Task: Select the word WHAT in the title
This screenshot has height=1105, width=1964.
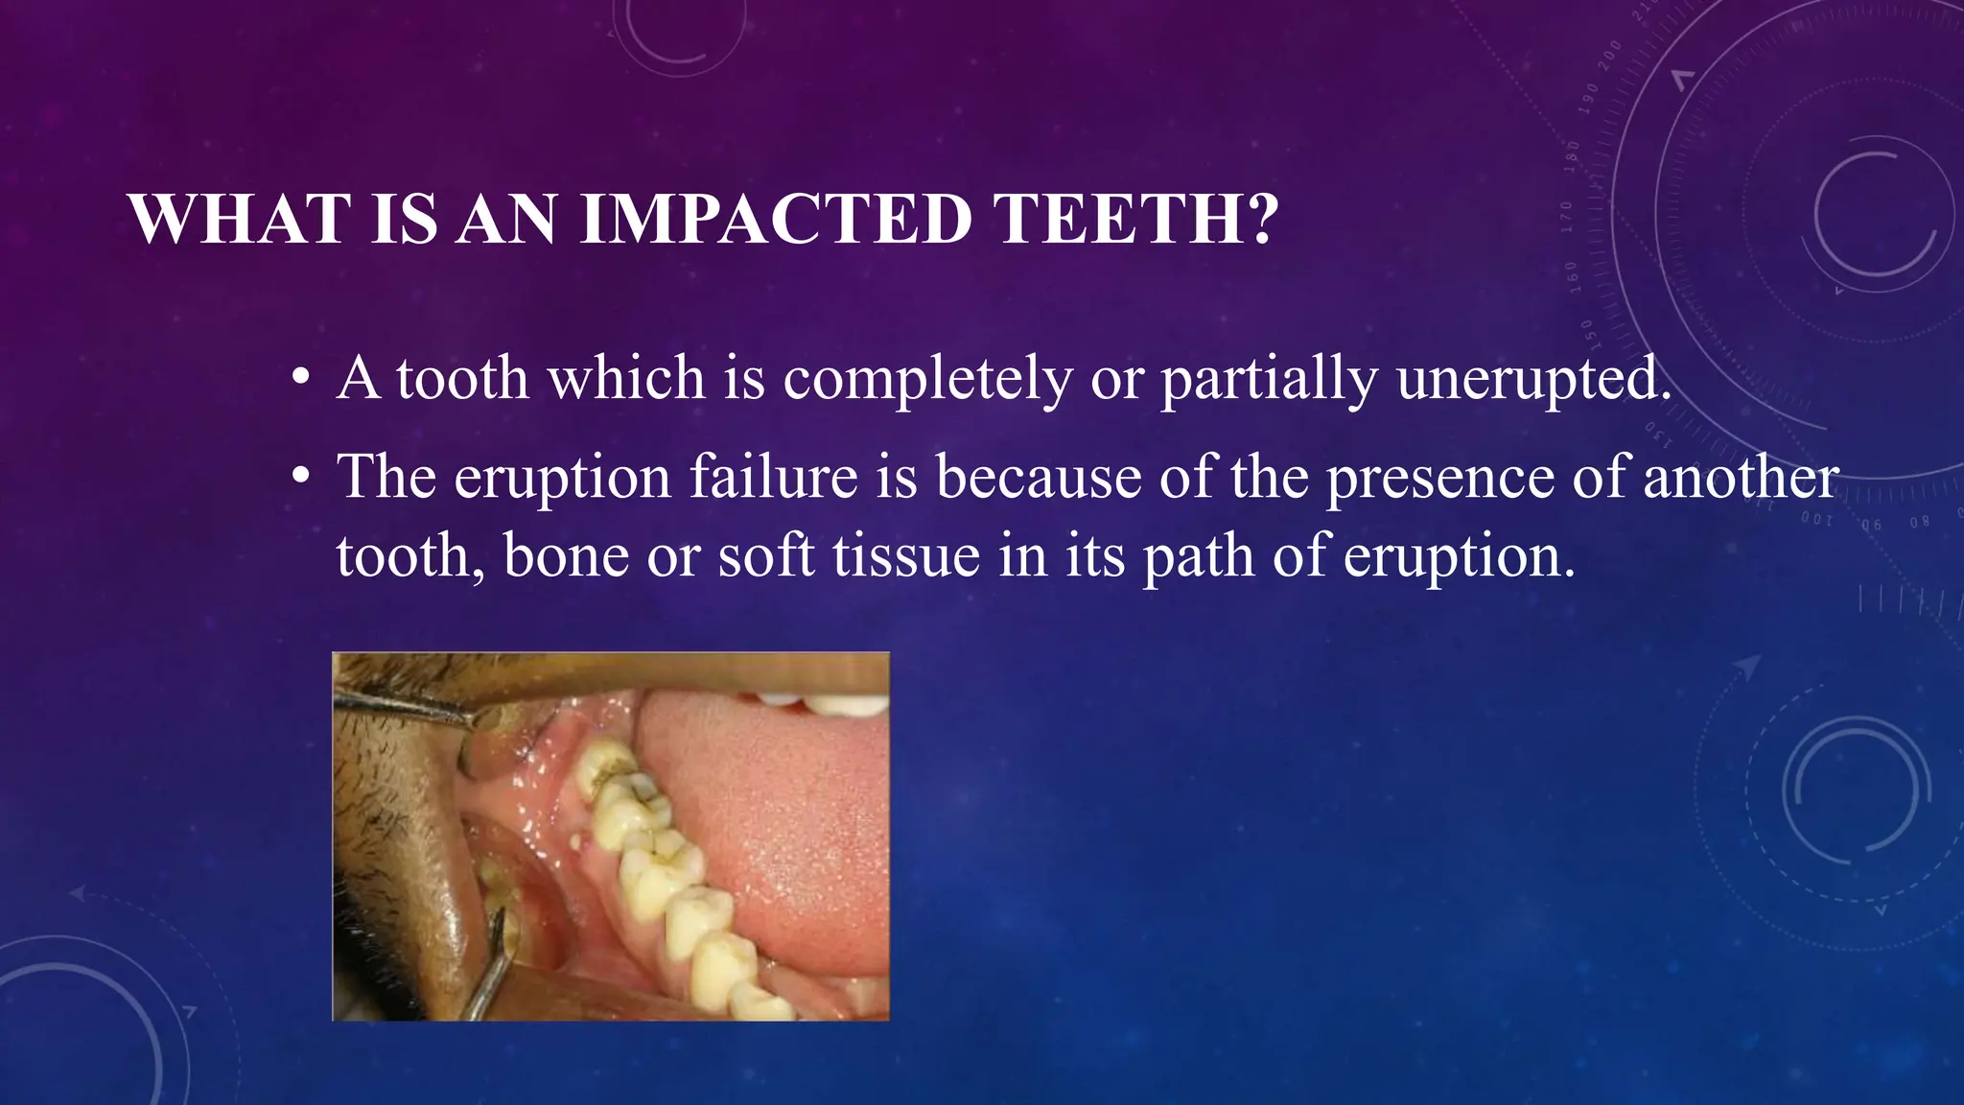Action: pyautogui.click(x=240, y=220)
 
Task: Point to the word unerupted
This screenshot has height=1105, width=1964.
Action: pyautogui.click(x=1533, y=379)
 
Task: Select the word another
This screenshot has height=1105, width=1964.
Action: pyautogui.click(x=1740, y=477)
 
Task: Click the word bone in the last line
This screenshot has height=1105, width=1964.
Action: pyautogui.click(x=565, y=555)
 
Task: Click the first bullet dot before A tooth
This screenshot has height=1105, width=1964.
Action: pyautogui.click(x=302, y=379)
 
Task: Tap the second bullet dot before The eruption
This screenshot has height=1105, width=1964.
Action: pyautogui.click(x=302, y=477)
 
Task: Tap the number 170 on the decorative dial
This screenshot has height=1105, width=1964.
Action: pyautogui.click(x=1567, y=217)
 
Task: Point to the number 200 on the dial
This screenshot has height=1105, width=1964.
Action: pyautogui.click(x=1611, y=52)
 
